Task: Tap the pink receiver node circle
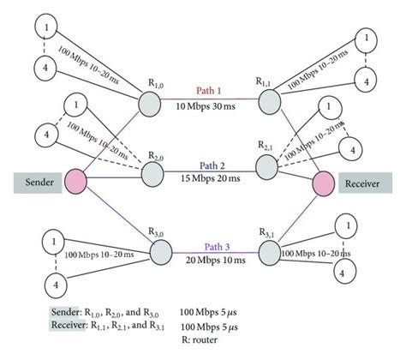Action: [323, 183]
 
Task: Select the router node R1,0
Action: [151, 101]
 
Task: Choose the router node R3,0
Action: [162, 252]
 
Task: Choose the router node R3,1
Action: [271, 252]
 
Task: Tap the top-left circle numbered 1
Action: [41, 29]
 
